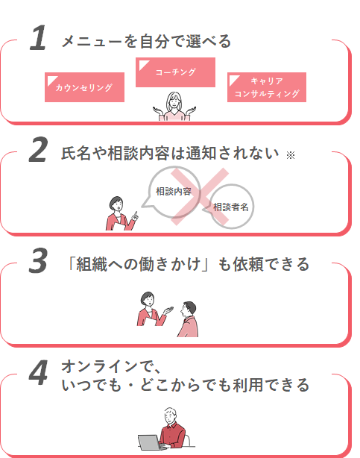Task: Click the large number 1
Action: (x=39, y=38)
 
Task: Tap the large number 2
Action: (x=38, y=149)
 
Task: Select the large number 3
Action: (x=38, y=260)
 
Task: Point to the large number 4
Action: (x=38, y=372)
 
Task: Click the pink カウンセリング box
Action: (x=84, y=87)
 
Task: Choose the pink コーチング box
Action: (x=175, y=72)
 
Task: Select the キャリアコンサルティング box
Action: (x=267, y=87)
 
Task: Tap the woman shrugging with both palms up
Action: (x=174, y=107)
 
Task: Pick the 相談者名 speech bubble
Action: (x=230, y=207)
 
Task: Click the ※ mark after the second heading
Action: (x=291, y=155)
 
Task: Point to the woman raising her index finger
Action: (x=121, y=214)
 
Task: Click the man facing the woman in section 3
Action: (x=188, y=319)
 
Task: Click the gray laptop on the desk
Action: (x=150, y=442)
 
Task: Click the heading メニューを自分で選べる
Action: (x=146, y=41)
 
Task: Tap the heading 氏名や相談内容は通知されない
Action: (x=170, y=153)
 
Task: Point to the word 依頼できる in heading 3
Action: (x=271, y=264)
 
